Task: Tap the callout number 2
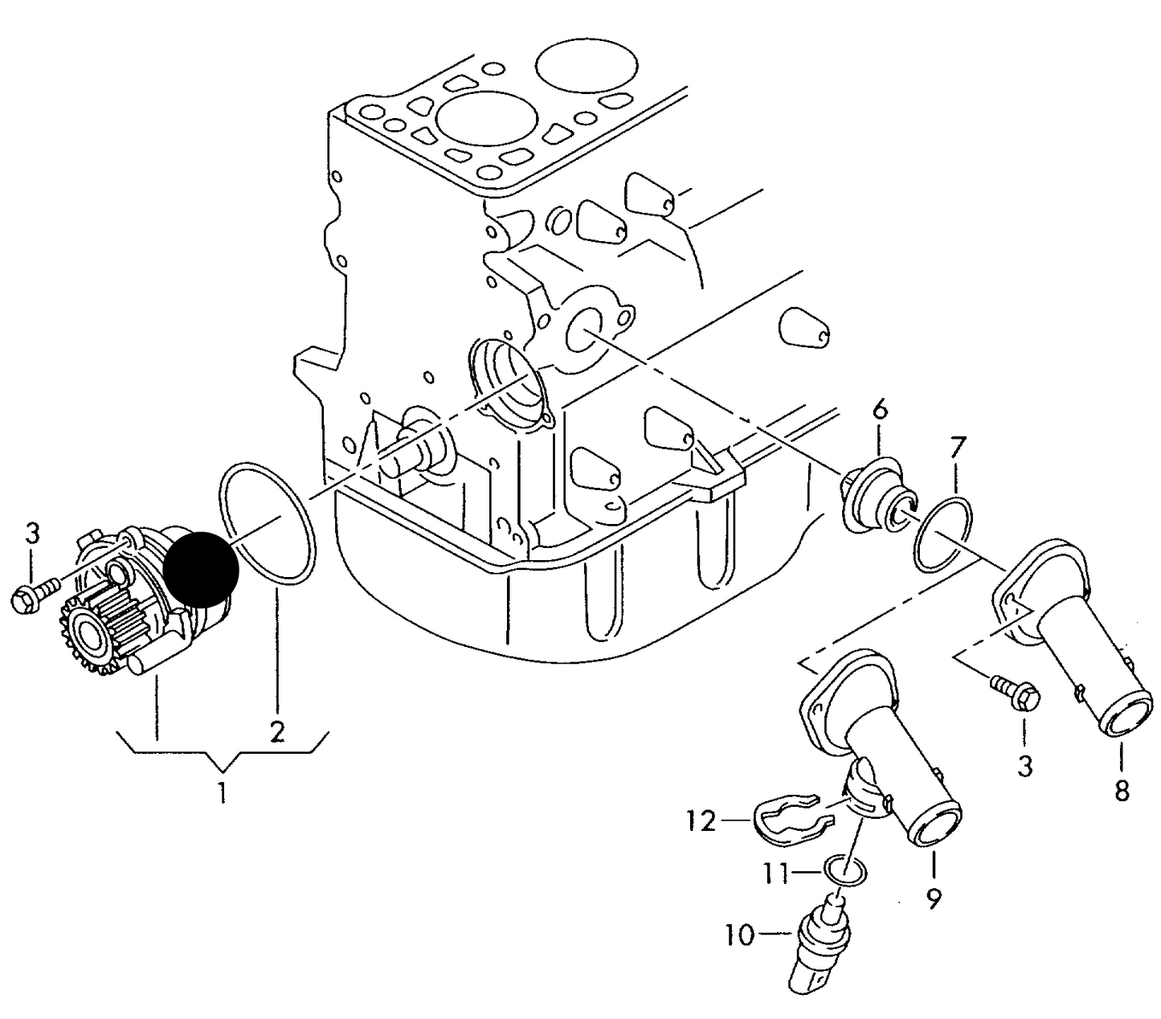pos(276,731)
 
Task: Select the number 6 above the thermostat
pos(880,410)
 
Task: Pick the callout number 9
pos(933,898)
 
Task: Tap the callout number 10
pos(740,936)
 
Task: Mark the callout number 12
pos(701,821)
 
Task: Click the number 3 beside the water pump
pos(33,534)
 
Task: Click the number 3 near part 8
pos(1025,766)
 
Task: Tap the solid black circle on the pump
pos(201,569)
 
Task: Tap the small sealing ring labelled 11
pos(844,872)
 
